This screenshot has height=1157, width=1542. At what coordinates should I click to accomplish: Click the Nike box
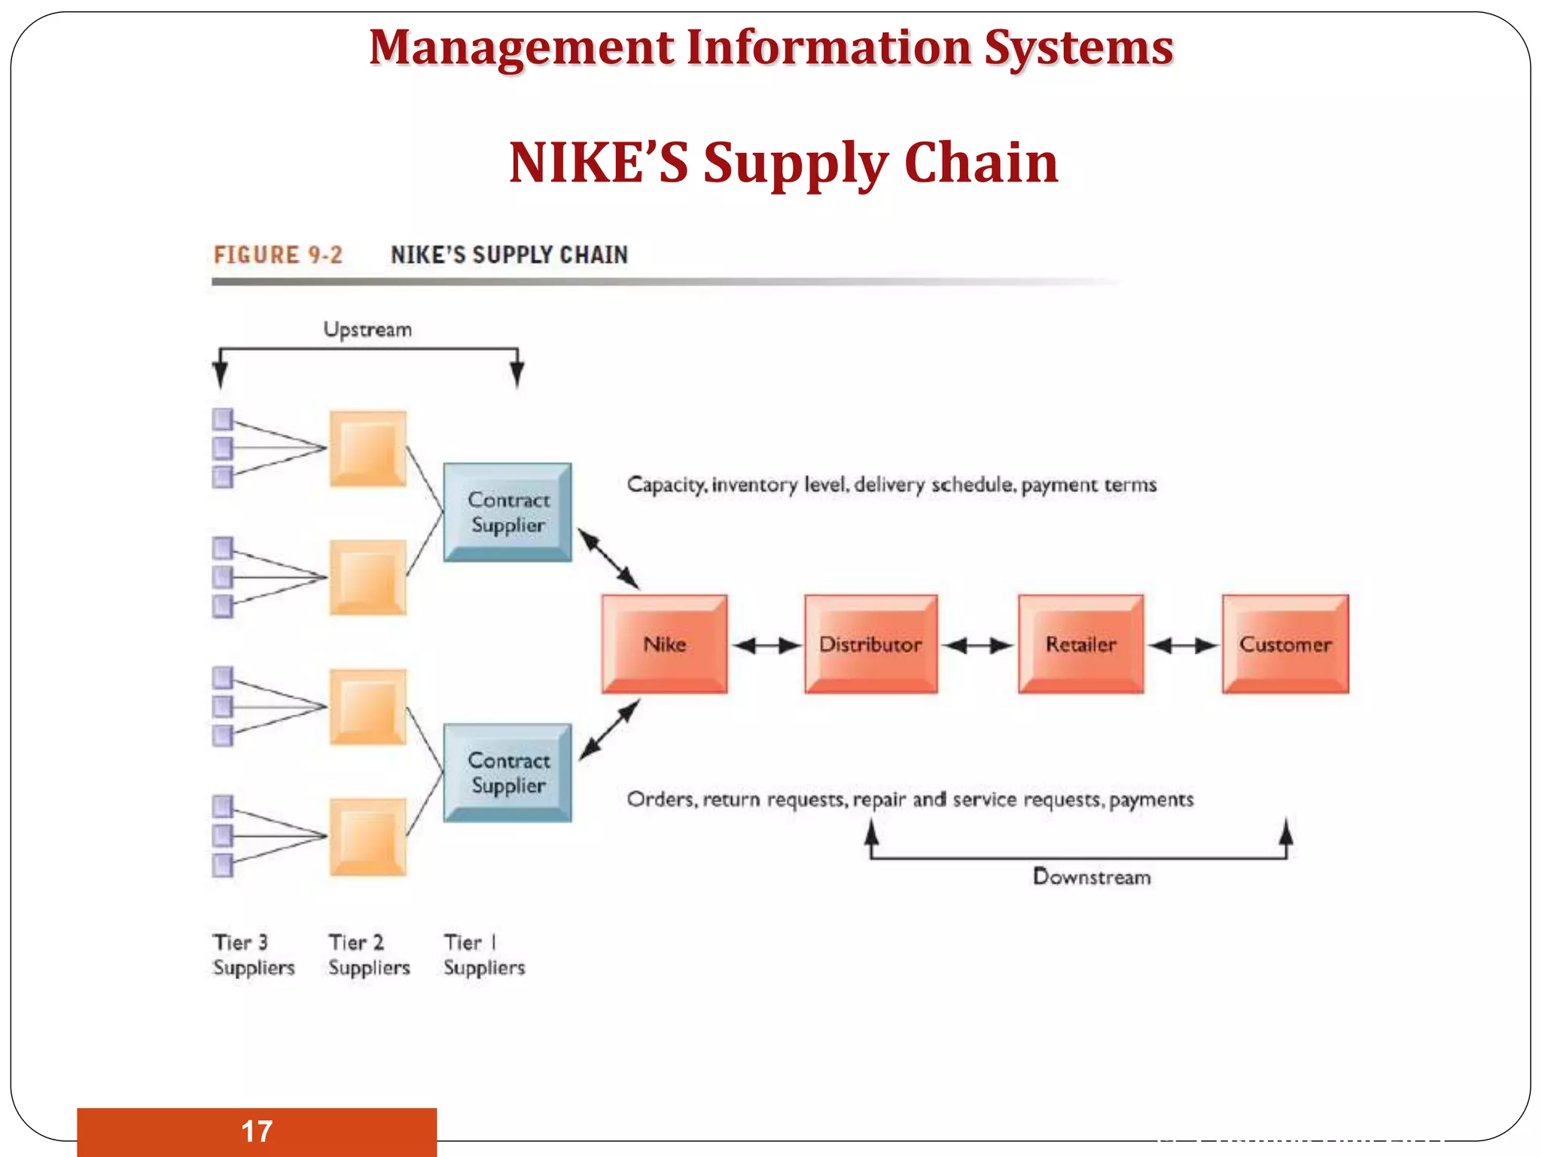point(664,644)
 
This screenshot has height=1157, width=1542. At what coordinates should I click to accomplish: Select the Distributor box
point(870,644)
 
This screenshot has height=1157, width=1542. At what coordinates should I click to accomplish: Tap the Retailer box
point(1080,644)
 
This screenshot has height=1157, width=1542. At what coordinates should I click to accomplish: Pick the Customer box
point(1285,644)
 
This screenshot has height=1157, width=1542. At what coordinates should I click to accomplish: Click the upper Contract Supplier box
point(507,512)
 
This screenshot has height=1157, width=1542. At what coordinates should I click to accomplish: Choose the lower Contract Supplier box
point(507,772)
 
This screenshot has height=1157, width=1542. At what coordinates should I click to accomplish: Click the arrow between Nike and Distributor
point(766,646)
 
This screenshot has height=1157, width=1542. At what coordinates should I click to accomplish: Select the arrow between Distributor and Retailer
point(977,646)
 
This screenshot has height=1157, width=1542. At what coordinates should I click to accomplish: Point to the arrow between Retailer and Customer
point(1184,646)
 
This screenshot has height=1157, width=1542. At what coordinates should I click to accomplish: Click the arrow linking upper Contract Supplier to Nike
point(608,558)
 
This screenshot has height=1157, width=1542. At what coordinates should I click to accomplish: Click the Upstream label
point(367,330)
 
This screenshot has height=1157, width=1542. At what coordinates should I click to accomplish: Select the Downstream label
point(1092,877)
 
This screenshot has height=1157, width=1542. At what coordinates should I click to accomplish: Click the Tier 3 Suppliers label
point(253,955)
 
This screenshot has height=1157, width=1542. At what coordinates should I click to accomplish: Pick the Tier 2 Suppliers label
point(369,955)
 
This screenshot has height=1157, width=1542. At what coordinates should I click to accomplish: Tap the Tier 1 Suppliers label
point(484,955)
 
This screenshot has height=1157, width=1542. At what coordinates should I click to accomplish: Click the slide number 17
point(257,1131)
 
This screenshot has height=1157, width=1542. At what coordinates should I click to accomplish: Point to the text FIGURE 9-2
point(278,255)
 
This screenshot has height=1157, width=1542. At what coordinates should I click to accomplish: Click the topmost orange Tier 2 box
point(367,449)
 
